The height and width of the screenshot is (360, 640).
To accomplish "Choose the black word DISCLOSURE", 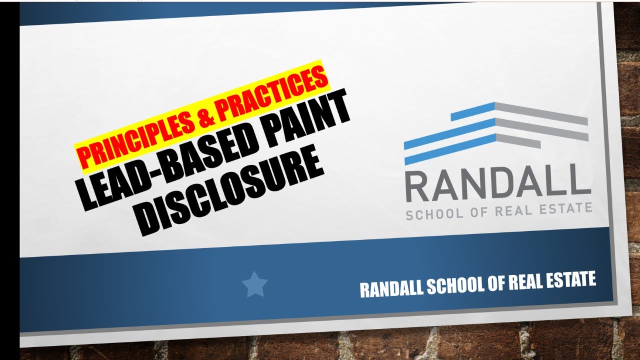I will pyautogui.click(x=230, y=192).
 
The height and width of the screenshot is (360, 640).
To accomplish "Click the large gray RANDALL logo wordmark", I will pyautogui.click(x=497, y=184).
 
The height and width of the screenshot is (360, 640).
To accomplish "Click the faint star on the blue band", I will pyautogui.click(x=254, y=284).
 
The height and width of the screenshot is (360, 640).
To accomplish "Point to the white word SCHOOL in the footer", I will pyautogui.click(x=449, y=284).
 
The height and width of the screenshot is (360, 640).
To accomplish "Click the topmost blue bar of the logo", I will pyautogui.click(x=472, y=111).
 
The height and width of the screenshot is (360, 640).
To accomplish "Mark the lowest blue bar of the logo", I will pyautogui.click(x=450, y=148).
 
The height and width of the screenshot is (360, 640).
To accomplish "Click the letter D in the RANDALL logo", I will pyautogui.click(x=508, y=184).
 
